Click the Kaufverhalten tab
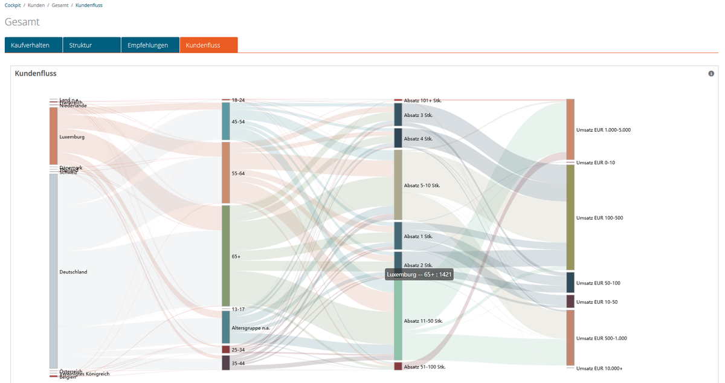33,45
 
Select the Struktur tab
91,45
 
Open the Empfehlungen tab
149,45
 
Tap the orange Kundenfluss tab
208,45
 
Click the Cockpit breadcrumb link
13,5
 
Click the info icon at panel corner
711,74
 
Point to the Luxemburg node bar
53,136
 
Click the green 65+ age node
226,256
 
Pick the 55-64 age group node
226,173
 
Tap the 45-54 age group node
226,121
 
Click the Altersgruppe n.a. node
226,327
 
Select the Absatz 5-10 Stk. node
398,185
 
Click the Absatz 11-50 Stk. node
398,320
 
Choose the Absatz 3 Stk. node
398,115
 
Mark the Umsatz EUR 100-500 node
570,217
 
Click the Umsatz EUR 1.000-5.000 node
570,129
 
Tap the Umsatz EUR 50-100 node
570,283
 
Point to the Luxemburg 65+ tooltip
419,274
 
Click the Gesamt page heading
22,22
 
